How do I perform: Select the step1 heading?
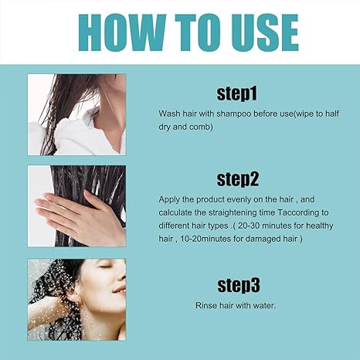pos(236,95)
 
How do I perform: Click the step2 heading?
pos(236,179)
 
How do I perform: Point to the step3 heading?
pos(236,284)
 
